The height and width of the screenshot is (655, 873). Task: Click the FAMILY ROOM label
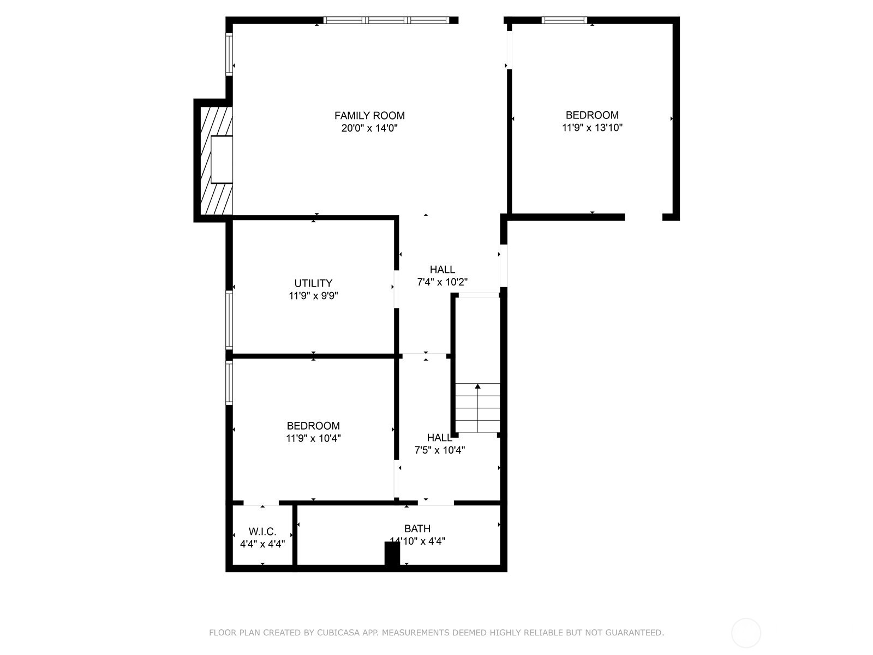[x=369, y=116]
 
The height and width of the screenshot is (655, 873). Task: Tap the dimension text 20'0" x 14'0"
[x=369, y=129]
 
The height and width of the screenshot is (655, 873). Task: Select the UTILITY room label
[x=313, y=283]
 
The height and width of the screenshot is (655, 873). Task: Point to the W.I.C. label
[x=262, y=532]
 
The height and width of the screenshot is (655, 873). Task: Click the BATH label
[x=417, y=529]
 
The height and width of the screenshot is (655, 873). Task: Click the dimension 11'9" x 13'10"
[x=592, y=128]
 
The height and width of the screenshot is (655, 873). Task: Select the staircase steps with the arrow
[x=477, y=408]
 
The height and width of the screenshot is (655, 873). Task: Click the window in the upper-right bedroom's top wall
[x=564, y=21]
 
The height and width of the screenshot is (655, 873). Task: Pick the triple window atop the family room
[x=386, y=21]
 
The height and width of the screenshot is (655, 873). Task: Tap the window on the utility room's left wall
[x=230, y=320]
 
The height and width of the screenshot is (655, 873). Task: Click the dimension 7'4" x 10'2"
[x=442, y=282]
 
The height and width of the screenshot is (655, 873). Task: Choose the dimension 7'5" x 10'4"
[x=440, y=450]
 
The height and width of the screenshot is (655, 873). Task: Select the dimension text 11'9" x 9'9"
[x=313, y=296]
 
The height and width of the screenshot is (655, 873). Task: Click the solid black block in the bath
[x=392, y=554]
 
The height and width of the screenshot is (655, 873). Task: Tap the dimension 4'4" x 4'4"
[x=262, y=544]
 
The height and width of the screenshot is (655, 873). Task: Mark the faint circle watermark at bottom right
[x=746, y=633]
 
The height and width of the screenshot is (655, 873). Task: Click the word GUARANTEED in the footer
[x=635, y=633]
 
